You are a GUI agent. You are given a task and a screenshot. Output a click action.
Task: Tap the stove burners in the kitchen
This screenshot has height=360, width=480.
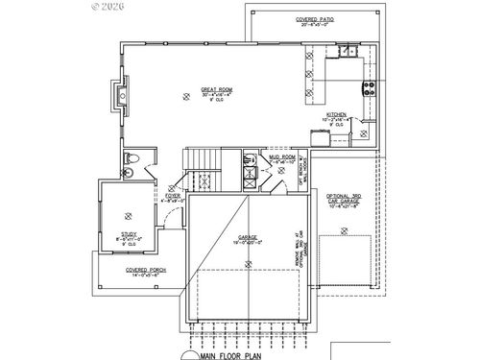(x=366, y=91)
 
